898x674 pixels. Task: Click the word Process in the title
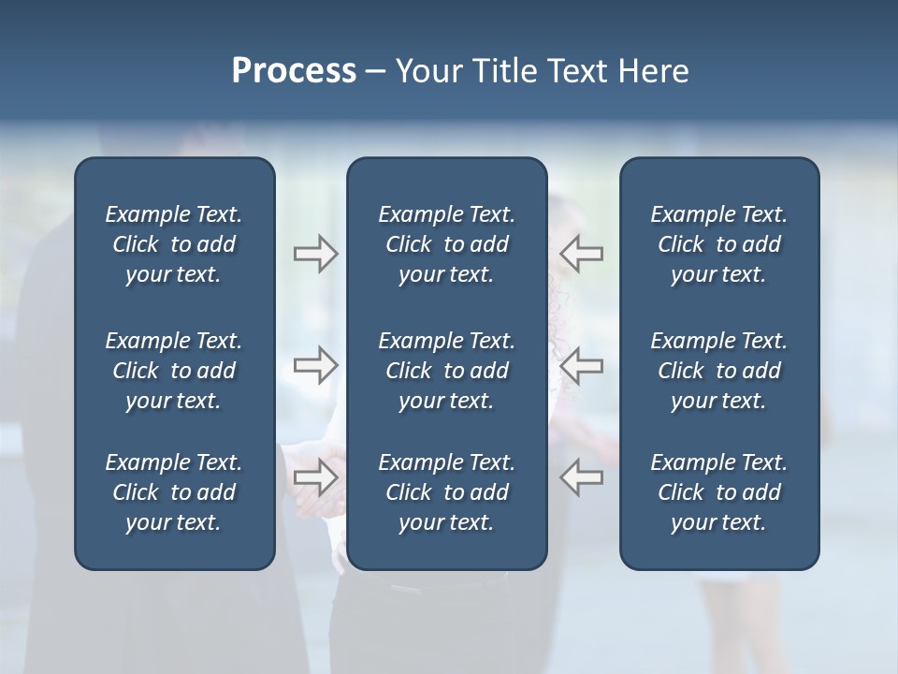(294, 71)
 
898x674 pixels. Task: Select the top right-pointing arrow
(316, 254)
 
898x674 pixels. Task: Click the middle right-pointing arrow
(316, 365)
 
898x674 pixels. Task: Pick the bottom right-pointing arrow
(316, 477)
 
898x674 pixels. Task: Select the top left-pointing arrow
(581, 254)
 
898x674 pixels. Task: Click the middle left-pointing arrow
(581, 365)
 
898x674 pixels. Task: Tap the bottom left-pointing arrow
(581, 477)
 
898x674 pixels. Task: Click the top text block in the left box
(174, 244)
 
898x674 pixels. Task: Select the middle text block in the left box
(174, 371)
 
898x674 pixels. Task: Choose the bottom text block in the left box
(174, 492)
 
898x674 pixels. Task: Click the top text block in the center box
(446, 244)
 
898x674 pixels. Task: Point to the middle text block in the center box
(446, 371)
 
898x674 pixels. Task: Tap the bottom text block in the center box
(446, 492)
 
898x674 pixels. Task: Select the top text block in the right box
(718, 244)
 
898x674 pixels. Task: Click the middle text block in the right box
(718, 371)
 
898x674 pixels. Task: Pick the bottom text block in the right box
(718, 492)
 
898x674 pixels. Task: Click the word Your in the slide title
(427, 71)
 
